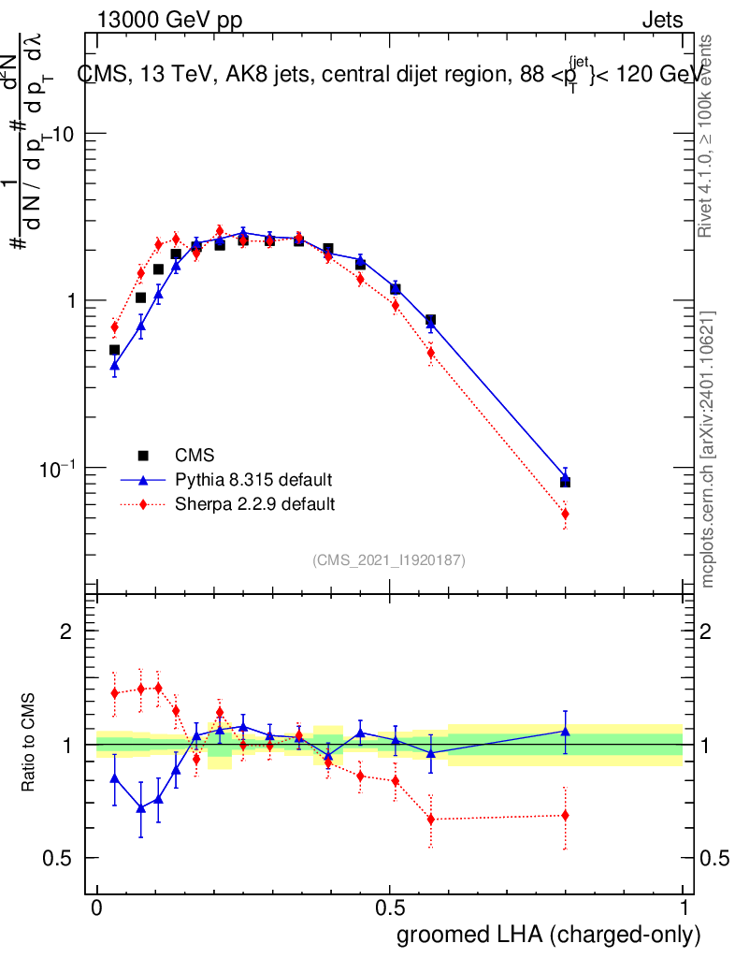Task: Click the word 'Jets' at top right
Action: tap(662, 20)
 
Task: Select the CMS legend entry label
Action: tap(195, 456)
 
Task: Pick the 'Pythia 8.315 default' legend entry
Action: tap(253, 480)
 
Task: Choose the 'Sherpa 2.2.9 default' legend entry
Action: tap(254, 504)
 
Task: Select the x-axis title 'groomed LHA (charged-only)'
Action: tap(550, 935)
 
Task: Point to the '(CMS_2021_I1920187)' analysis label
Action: tap(389, 559)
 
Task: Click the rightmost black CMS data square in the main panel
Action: tap(565, 482)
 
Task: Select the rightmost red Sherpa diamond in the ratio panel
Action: tap(565, 815)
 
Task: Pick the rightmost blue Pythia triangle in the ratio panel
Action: tap(565, 731)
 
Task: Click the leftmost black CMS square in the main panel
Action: tap(114, 350)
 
